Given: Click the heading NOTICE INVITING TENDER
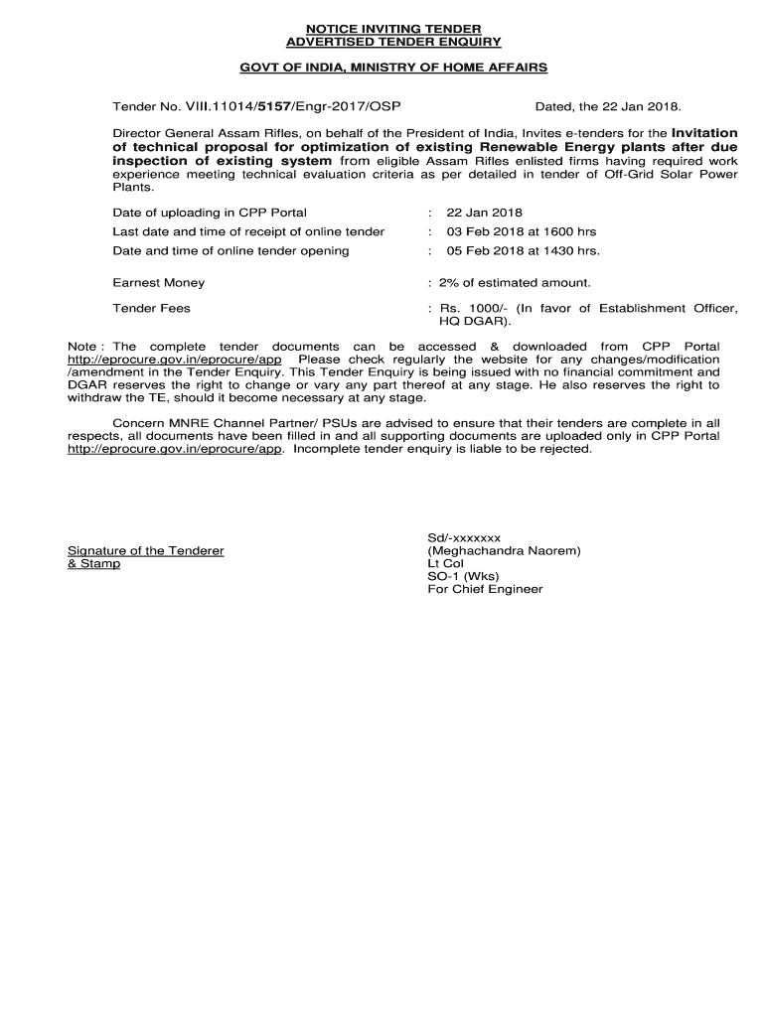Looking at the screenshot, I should point(394,28).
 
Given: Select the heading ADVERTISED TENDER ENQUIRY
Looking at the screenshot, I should point(394,42).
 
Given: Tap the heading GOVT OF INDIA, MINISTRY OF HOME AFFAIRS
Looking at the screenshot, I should point(394,67).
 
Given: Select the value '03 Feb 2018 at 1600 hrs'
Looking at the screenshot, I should point(521,231).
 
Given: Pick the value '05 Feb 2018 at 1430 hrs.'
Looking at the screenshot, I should point(523,250).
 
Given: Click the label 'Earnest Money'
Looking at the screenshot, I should point(159,283).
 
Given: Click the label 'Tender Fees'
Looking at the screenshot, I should point(152,309).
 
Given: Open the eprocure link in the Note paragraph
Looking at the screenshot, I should point(175,359).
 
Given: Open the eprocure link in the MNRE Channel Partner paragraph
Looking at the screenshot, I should point(175,449).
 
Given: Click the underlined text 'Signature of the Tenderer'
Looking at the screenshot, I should point(145,550).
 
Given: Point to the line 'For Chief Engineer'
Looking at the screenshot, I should point(485,589).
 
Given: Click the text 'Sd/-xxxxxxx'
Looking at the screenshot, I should point(464,537).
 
